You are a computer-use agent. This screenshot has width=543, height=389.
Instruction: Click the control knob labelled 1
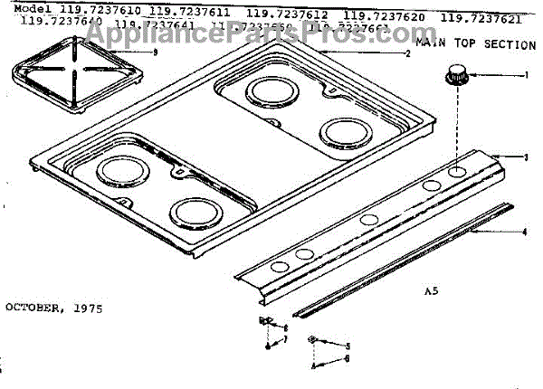coord(453,77)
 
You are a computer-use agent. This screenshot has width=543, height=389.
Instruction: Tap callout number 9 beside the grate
coord(155,52)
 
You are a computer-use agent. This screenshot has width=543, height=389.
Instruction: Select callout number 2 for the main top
coord(408,54)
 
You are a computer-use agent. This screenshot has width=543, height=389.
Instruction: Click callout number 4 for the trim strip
coord(525,232)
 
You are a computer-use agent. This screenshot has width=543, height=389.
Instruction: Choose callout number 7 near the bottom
coord(285,339)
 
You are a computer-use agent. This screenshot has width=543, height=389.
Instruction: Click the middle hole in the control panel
coord(367,219)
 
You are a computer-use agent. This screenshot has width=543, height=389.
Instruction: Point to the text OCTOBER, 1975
coord(53,308)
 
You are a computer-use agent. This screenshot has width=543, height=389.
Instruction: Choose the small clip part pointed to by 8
coord(265,323)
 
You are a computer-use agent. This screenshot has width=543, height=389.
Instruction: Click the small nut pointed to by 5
coord(313,340)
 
